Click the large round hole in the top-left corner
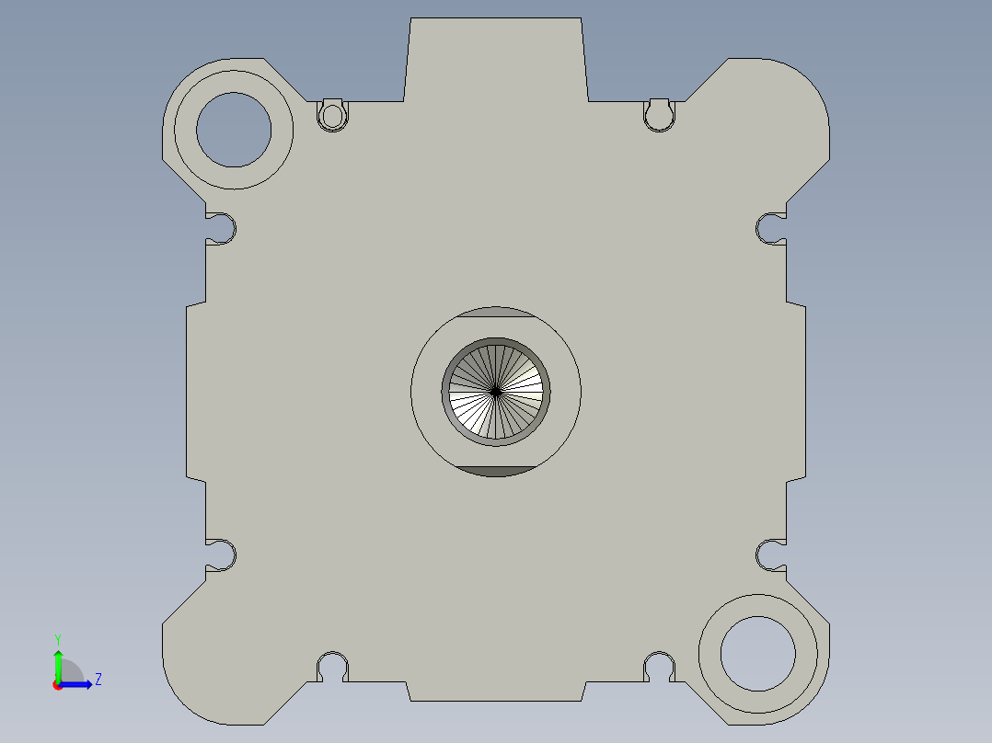tap(234, 130)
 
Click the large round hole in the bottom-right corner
tap(757, 654)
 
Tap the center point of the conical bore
tap(496, 392)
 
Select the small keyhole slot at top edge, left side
tap(333, 115)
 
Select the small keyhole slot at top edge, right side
tap(658, 115)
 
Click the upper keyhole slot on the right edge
tap(770, 227)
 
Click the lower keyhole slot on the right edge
tap(770, 554)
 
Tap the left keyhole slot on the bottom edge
tap(332, 665)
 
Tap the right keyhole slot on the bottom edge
tap(659, 665)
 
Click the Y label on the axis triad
tap(57, 638)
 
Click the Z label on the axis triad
tap(98, 680)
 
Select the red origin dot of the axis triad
tap(57, 685)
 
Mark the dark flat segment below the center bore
tap(496, 472)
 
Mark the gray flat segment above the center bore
tap(496, 313)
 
